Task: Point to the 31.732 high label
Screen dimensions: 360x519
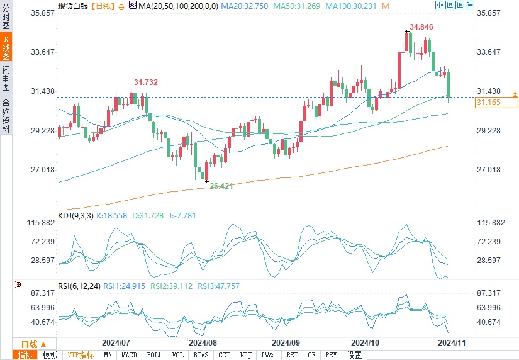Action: [146, 82]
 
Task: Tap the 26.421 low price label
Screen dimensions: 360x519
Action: [221, 186]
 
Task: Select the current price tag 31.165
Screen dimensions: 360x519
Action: [489, 102]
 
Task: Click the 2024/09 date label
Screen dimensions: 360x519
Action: [285, 343]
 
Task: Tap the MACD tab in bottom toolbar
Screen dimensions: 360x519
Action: [129, 355]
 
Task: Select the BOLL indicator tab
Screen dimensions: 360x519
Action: [154, 355]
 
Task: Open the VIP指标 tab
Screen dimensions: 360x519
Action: [81, 355]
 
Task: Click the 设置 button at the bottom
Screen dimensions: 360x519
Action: [355, 355]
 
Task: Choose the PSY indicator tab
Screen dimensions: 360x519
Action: [331, 355]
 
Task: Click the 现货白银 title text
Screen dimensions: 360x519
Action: [72, 6]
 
